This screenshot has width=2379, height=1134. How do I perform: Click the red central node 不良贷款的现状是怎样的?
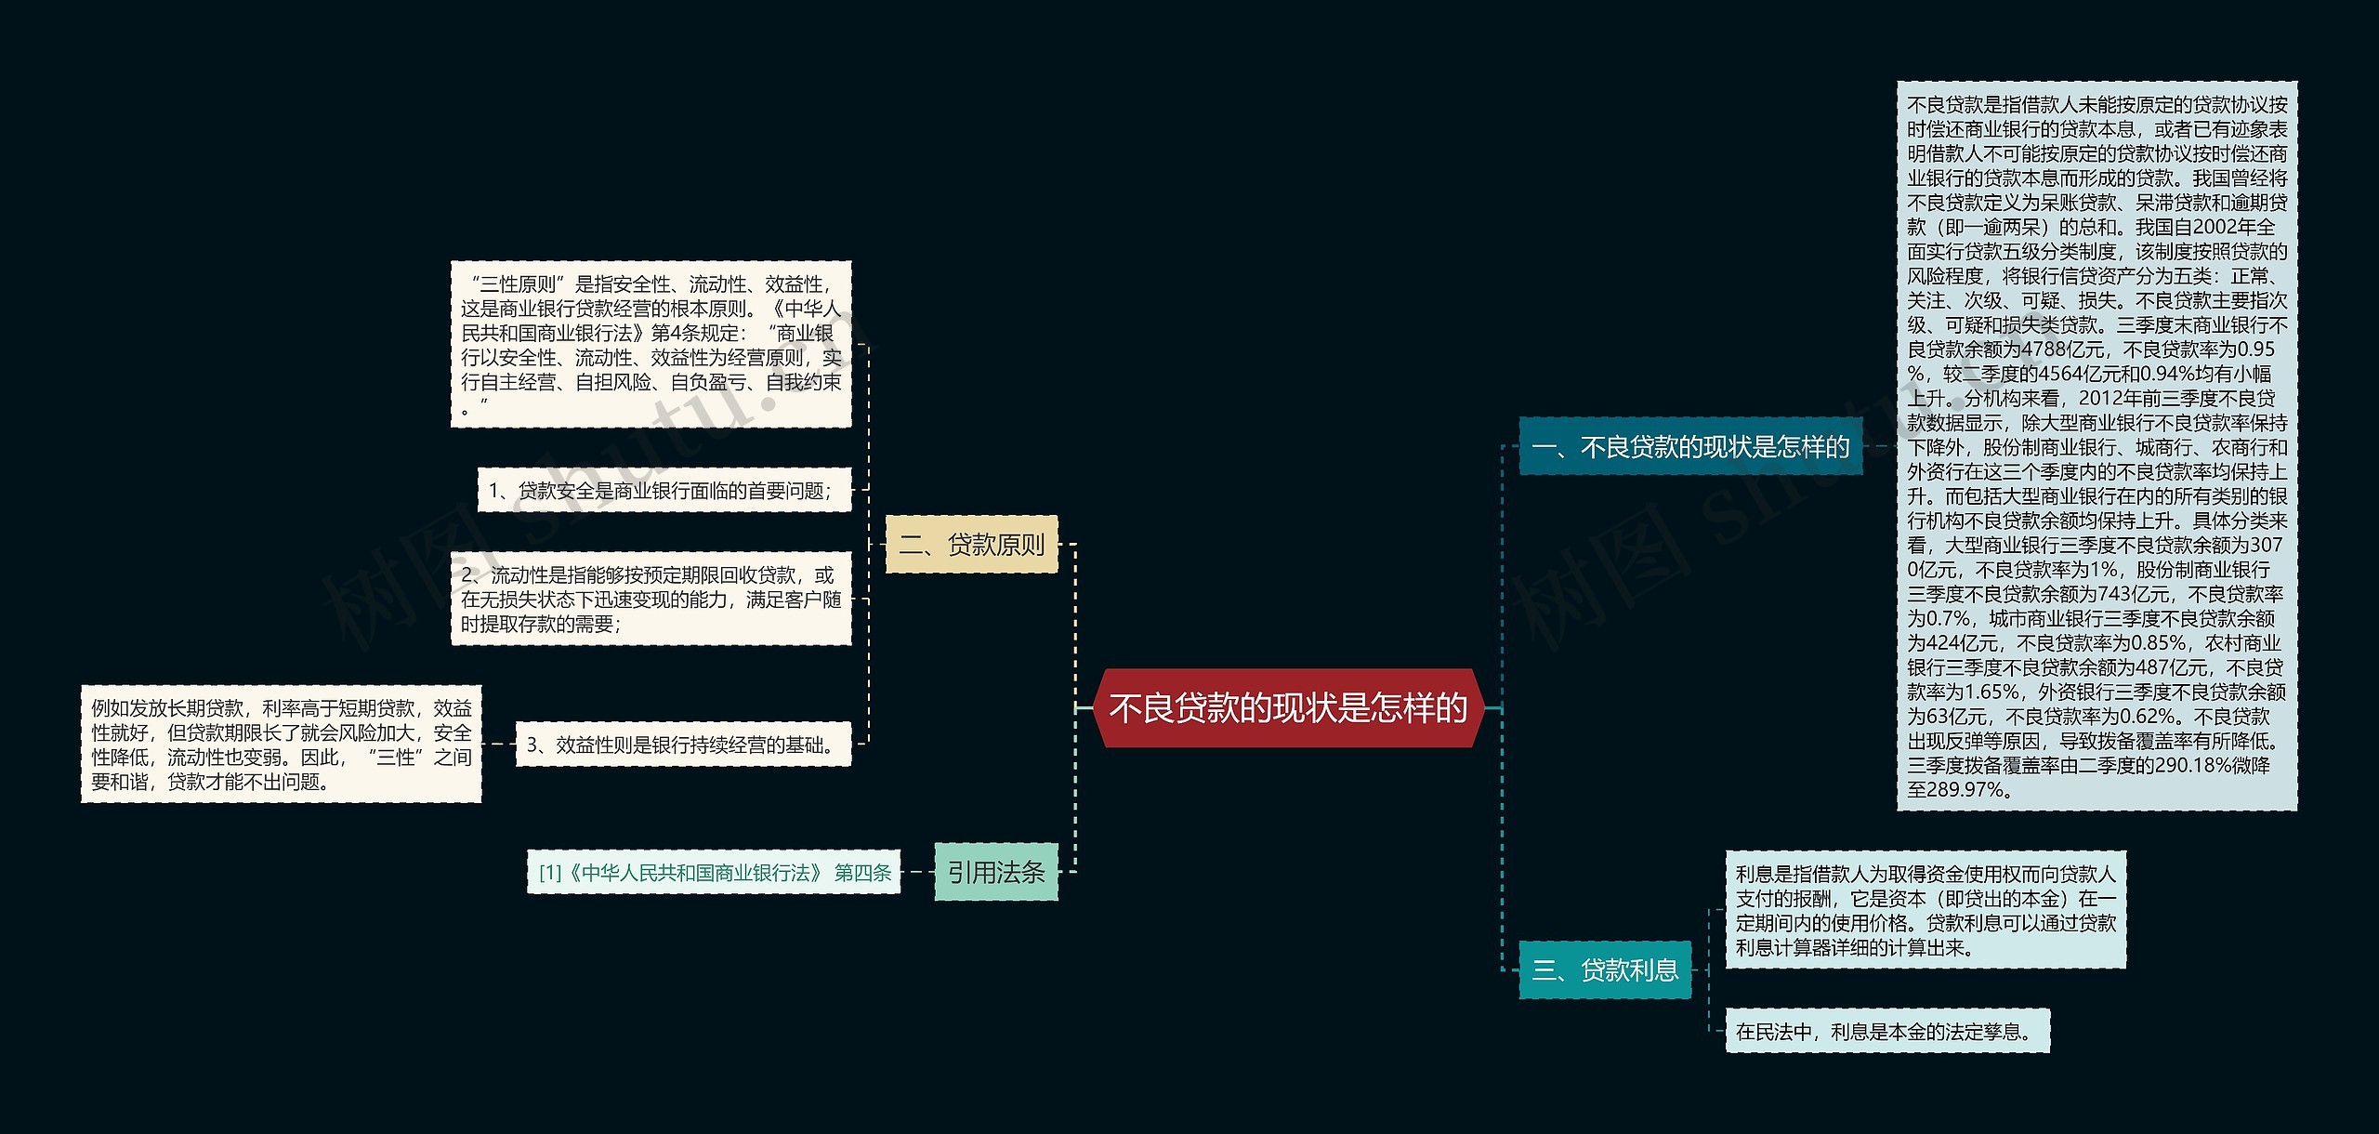[1288, 708]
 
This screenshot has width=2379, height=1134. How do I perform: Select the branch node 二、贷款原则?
[971, 544]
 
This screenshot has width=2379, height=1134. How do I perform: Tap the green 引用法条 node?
[995, 872]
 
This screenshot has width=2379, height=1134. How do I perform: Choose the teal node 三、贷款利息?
[1605, 970]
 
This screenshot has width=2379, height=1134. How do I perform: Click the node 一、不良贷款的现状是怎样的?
[1690, 447]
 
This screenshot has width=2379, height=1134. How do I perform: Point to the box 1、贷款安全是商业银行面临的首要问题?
[664, 490]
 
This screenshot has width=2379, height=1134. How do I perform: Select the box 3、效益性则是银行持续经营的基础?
[682, 745]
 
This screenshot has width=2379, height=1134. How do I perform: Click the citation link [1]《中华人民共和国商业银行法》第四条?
[713, 872]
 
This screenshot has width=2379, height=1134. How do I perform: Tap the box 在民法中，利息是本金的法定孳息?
[1886, 1031]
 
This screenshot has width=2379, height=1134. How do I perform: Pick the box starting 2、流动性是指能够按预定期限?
[651, 600]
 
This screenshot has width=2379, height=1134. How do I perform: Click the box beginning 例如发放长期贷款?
[281, 745]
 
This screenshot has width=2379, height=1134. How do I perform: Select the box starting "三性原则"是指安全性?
[651, 345]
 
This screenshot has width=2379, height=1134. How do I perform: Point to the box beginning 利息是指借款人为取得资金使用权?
[1925, 910]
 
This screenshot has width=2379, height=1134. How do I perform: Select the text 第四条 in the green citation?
[862, 872]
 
